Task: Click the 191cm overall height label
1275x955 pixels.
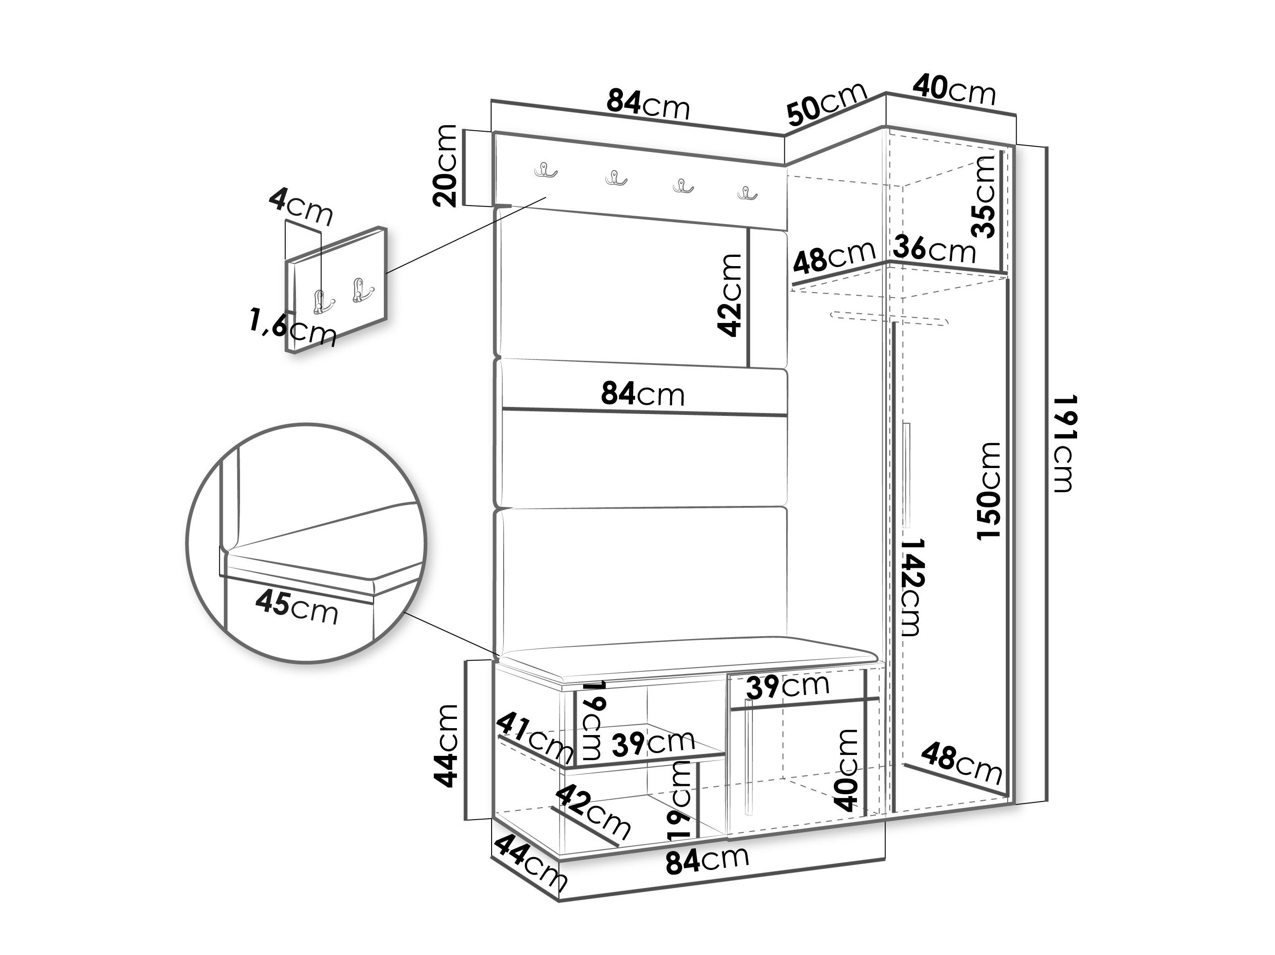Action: click(x=1064, y=444)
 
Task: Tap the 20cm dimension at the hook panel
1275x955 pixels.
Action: click(x=445, y=165)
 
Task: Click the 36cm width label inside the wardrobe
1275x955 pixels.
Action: click(x=935, y=249)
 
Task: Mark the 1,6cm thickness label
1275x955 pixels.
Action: click(x=293, y=327)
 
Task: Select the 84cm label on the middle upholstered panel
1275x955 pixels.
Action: click(x=643, y=395)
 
